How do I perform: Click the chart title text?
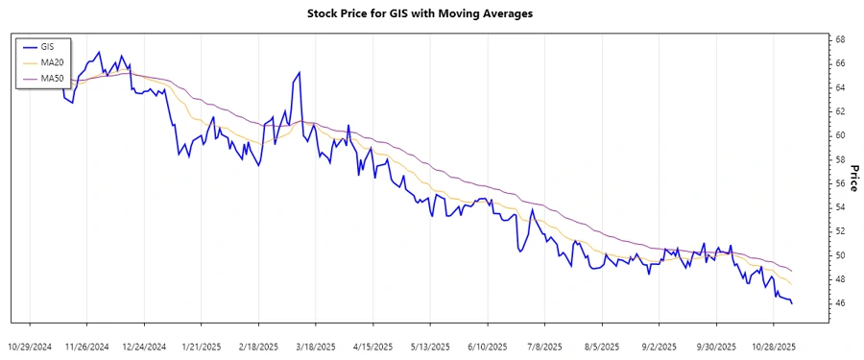[432, 13]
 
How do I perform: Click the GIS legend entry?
[47, 46]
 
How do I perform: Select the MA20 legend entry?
[51, 61]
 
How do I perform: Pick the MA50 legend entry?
[51, 77]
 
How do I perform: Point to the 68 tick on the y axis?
[839, 39]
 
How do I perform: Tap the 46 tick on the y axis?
[839, 303]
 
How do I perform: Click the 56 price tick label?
[839, 183]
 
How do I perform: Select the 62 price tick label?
[839, 111]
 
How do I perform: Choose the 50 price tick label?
[839, 255]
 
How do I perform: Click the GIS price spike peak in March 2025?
[300, 72]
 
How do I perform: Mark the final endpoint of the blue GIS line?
[792, 304]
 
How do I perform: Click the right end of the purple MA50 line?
[792, 270]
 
